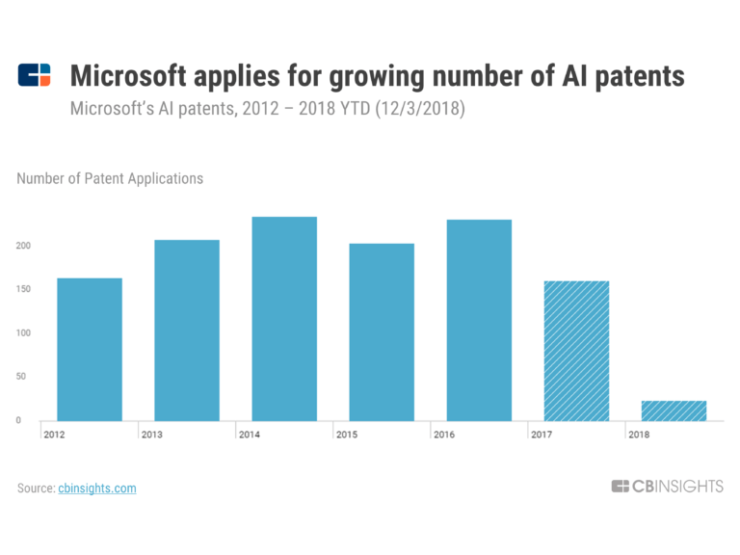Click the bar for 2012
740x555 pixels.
(x=90, y=349)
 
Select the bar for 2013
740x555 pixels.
(x=187, y=330)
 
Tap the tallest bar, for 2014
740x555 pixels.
(x=284, y=318)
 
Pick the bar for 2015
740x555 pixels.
(x=382, y=331)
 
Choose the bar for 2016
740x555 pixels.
(x=479, y=320)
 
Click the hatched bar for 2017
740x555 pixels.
(x=576, y=350)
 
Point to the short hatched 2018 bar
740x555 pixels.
(x=674, y=410)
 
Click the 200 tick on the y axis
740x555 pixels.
(x=24, y=246)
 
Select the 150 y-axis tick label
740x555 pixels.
(x=24, y=289)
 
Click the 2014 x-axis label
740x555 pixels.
(x=250, y=435)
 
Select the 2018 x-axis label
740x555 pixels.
(x=639, y=435)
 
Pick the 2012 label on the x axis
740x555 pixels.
(x=55, y=435)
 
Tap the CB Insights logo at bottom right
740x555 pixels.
(x=667, y=487)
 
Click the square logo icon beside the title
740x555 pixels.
(x=35, y=75)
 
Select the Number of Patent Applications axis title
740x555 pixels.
(x=110, y=178)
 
